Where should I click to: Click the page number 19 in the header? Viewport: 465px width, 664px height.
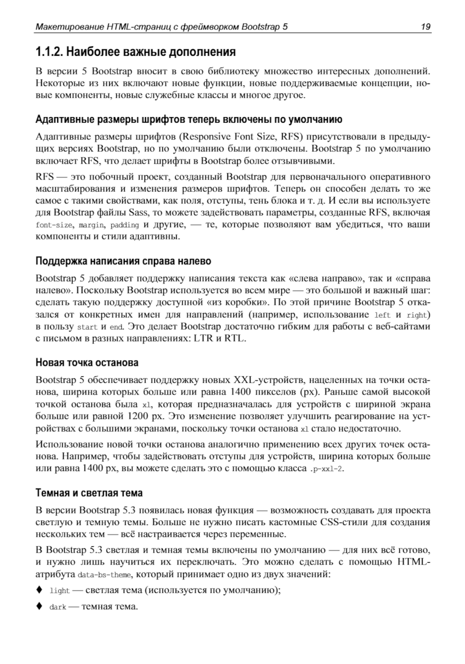coord(425,27)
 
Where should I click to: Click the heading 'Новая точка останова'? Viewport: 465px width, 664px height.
coord(87,362)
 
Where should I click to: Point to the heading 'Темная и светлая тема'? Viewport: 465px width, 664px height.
coord(89,493)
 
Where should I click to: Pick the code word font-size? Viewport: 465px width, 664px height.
coord(54,225)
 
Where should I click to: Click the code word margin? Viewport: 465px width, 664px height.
coord(92,225)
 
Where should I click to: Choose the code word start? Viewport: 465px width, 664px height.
coord(87,327)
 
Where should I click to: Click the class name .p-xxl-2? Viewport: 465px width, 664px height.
coord(326,469)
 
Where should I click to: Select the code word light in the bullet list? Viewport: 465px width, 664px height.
coord(60,591)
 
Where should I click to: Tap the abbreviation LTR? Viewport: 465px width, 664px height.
coord(203,338)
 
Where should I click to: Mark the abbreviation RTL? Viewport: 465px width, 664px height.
coord(234,338)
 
